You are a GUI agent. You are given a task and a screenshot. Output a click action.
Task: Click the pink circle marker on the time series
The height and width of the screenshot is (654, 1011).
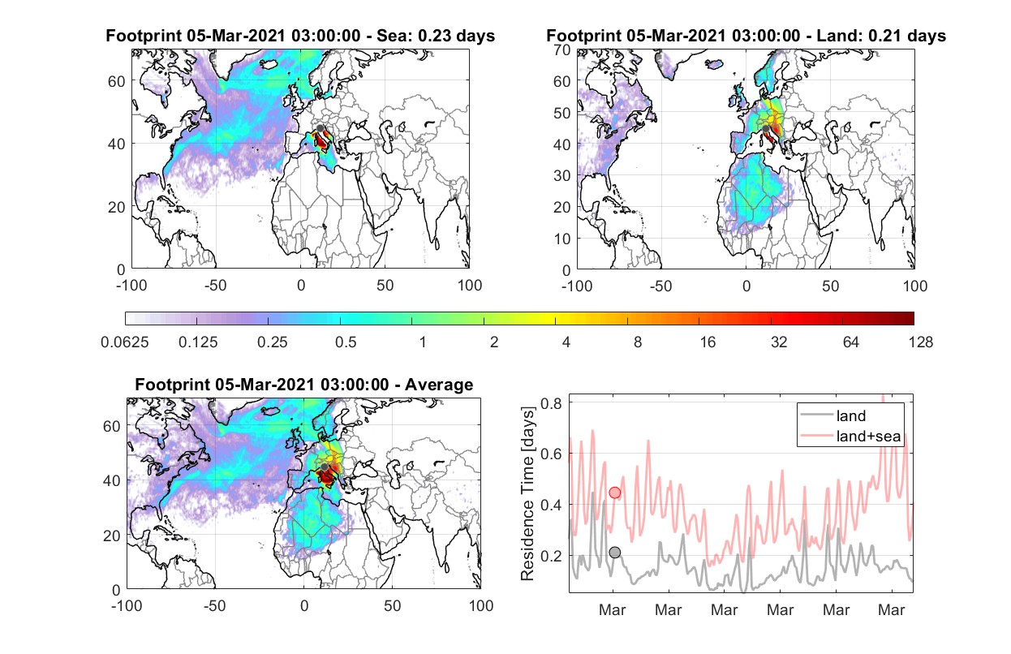click(x=615, y=493)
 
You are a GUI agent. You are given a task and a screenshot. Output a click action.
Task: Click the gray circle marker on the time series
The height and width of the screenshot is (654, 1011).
click(x=615, y=552)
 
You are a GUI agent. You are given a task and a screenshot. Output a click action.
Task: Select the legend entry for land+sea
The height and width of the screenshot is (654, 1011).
click(x=850, y=436)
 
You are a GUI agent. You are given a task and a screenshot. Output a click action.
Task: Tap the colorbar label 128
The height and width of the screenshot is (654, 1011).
click(x=920, y=342)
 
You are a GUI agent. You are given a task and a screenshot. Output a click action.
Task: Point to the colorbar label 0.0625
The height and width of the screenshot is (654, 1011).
click(x=125, y=342)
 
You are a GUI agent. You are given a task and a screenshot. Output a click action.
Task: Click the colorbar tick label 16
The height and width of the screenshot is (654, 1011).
click(x=708, y=342)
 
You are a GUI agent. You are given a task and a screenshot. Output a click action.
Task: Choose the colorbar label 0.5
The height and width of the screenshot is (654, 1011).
click(x=346, y=342)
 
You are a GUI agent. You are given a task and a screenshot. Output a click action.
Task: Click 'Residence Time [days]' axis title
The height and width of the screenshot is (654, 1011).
click(x=527, y=494)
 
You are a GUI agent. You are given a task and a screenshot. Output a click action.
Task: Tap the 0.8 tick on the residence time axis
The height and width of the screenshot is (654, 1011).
click(x=551, y=403)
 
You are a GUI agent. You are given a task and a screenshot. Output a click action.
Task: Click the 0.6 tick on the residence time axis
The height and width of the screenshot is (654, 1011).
click(x=551, y=454)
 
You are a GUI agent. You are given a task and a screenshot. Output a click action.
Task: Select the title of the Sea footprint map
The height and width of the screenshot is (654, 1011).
click(x=300, y=36)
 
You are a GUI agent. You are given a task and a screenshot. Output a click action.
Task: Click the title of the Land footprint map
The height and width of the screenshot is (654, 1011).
click(x=746, y=36)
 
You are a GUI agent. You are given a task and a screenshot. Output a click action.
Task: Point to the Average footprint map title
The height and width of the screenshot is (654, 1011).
click(x=303, y=385)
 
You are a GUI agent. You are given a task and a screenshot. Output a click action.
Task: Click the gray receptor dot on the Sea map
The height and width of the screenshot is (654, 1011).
click(x=320, y=128)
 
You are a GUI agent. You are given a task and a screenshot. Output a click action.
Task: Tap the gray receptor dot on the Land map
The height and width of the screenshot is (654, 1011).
click(x=765, y=129)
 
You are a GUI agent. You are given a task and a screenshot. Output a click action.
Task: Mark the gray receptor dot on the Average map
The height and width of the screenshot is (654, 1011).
click(x=324, y=467)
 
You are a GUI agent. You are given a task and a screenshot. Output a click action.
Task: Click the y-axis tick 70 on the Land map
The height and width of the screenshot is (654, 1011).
click(x=562, y=50)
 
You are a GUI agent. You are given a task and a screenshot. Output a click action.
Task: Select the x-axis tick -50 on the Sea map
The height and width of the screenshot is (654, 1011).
click(x=216, y=286)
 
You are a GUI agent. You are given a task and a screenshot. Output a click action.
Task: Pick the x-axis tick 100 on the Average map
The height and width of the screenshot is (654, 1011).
click(x=481, y=605)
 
